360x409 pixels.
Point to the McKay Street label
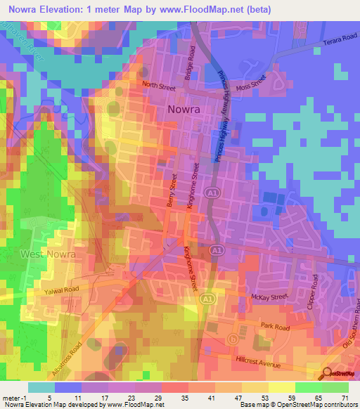click(271, 297)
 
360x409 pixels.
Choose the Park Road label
click(275, 327)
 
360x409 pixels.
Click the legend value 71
click(343, 398)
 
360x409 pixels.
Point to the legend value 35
click(185, 398)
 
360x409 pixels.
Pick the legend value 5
click(49, 398)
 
